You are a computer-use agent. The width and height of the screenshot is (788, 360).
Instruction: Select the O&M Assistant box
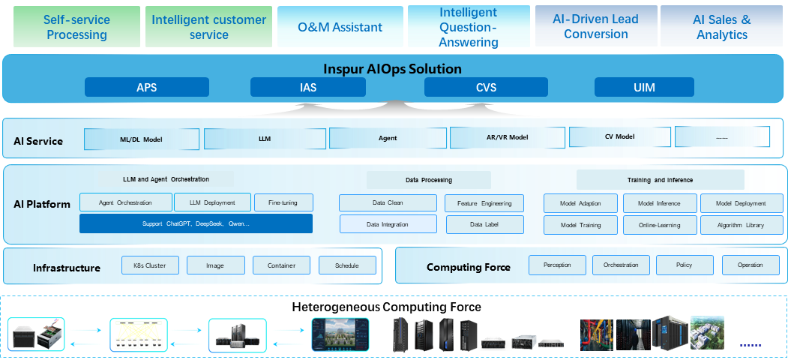340,27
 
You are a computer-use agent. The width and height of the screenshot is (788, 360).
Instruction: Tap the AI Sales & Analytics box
721,26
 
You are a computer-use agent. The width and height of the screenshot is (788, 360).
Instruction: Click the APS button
146,88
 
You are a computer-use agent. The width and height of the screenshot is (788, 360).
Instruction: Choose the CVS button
486,88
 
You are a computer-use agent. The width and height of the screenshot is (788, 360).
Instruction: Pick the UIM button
643,88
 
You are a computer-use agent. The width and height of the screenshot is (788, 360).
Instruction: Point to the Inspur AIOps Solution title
393,69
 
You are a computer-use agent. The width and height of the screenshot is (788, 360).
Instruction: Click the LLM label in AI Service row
265,139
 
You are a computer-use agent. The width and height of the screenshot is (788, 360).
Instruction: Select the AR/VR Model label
508,138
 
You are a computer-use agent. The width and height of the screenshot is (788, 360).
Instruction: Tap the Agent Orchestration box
125,202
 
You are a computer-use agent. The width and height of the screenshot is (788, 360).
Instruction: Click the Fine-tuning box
283,202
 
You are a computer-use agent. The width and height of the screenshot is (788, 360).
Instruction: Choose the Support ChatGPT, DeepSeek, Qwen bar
196,223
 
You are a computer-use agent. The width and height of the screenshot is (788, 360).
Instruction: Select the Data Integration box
388,224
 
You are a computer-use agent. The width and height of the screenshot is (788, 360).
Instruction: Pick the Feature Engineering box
484,203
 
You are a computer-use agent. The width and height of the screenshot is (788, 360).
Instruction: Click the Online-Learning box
658,225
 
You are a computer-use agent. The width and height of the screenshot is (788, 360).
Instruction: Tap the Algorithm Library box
740,225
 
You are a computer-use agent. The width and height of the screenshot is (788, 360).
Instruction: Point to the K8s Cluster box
150,265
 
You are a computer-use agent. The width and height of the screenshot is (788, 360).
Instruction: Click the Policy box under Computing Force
684,265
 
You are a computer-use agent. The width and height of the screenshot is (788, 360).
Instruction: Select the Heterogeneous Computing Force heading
386,307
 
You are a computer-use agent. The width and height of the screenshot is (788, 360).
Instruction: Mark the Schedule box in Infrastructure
346,265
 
